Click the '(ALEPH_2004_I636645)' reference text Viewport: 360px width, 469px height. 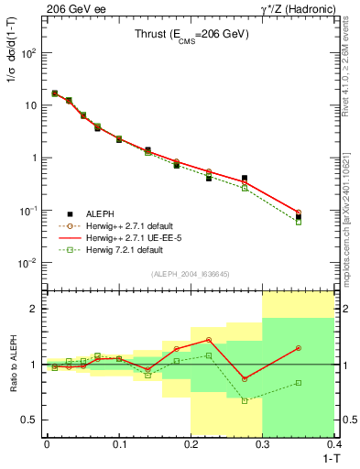tap(190, 275)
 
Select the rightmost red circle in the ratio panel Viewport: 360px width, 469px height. tap(299, 348)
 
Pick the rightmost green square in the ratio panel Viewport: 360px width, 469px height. tap(299, 383)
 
